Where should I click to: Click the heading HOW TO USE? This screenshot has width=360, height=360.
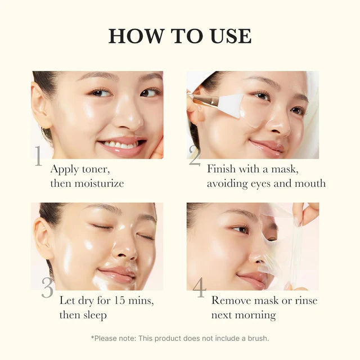180,35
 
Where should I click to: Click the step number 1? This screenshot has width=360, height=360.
38,156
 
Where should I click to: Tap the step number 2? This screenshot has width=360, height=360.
195,156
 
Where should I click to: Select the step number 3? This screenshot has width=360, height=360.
47,288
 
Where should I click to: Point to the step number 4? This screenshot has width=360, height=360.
199,288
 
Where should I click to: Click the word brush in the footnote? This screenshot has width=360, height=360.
256,338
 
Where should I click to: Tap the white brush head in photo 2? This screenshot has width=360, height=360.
231,105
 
